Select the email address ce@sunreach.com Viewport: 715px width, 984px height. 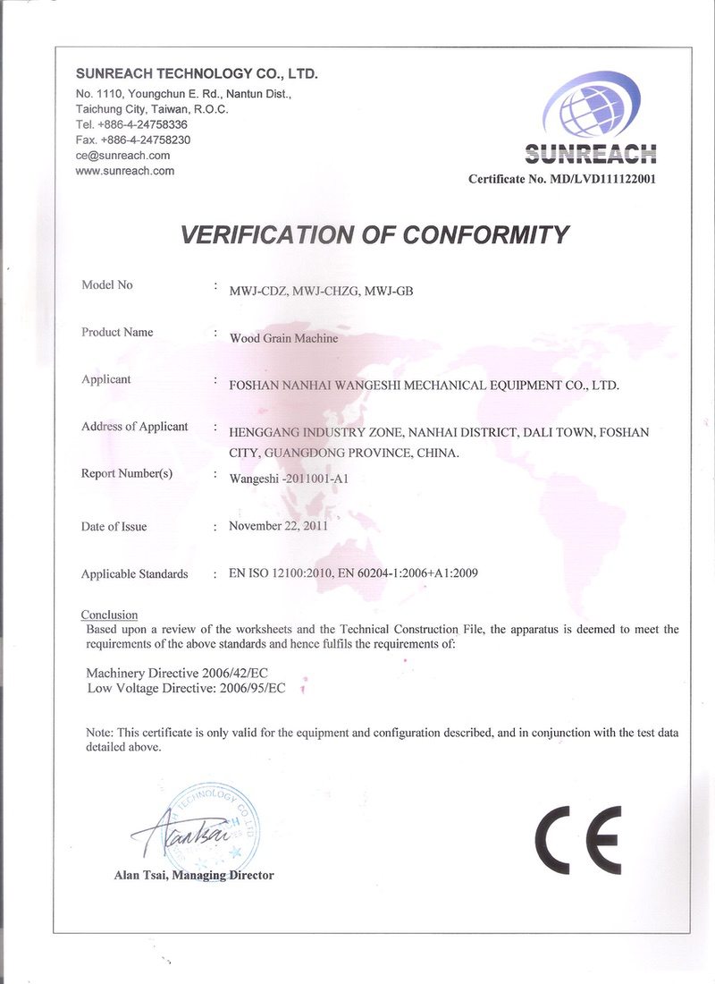point(123,156)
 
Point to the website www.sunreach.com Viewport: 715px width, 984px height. point(125,171)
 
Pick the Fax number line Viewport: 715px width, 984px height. point(133,140)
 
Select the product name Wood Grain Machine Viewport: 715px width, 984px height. point(284,339)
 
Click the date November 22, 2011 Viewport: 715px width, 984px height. point(278,526)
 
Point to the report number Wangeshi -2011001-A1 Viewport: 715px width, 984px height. point(289,479)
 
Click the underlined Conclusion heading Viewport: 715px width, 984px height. point(109,615)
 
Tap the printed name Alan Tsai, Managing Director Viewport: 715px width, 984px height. point(194,875)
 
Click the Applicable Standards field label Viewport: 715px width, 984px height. point(134,573)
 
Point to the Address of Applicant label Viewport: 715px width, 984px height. point(134,426)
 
